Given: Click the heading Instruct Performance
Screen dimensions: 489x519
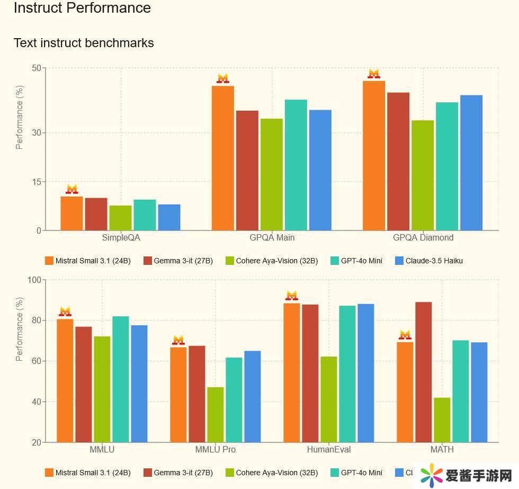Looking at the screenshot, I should (82, 8).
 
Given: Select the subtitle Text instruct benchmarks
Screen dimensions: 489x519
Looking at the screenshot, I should (84, 43).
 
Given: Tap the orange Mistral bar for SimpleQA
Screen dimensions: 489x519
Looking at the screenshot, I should (71, 213).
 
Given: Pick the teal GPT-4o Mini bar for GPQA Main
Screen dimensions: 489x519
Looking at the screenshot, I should (296, 165).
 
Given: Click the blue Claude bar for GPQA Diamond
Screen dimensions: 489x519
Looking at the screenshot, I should (471, 163).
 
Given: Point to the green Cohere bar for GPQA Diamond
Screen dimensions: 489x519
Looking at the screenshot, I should (423, 175).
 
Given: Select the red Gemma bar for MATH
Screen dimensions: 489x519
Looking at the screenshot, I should (424, 372).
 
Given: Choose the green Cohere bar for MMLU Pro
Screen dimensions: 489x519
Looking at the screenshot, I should (216, 414).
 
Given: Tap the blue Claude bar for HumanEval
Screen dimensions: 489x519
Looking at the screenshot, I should (366, 373).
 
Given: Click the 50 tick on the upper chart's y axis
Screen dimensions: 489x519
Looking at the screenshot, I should (36, 68).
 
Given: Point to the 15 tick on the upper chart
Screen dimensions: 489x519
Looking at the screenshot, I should (36, 182).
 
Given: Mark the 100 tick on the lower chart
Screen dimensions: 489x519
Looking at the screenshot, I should (34, 280).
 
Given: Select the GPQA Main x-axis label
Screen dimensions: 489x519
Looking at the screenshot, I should (272, 237).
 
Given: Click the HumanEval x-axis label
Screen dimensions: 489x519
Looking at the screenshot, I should (329, 449).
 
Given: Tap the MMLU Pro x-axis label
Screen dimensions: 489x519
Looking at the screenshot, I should (216, 449).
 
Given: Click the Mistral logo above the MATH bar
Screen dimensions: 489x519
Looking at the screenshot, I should (405, 335).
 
